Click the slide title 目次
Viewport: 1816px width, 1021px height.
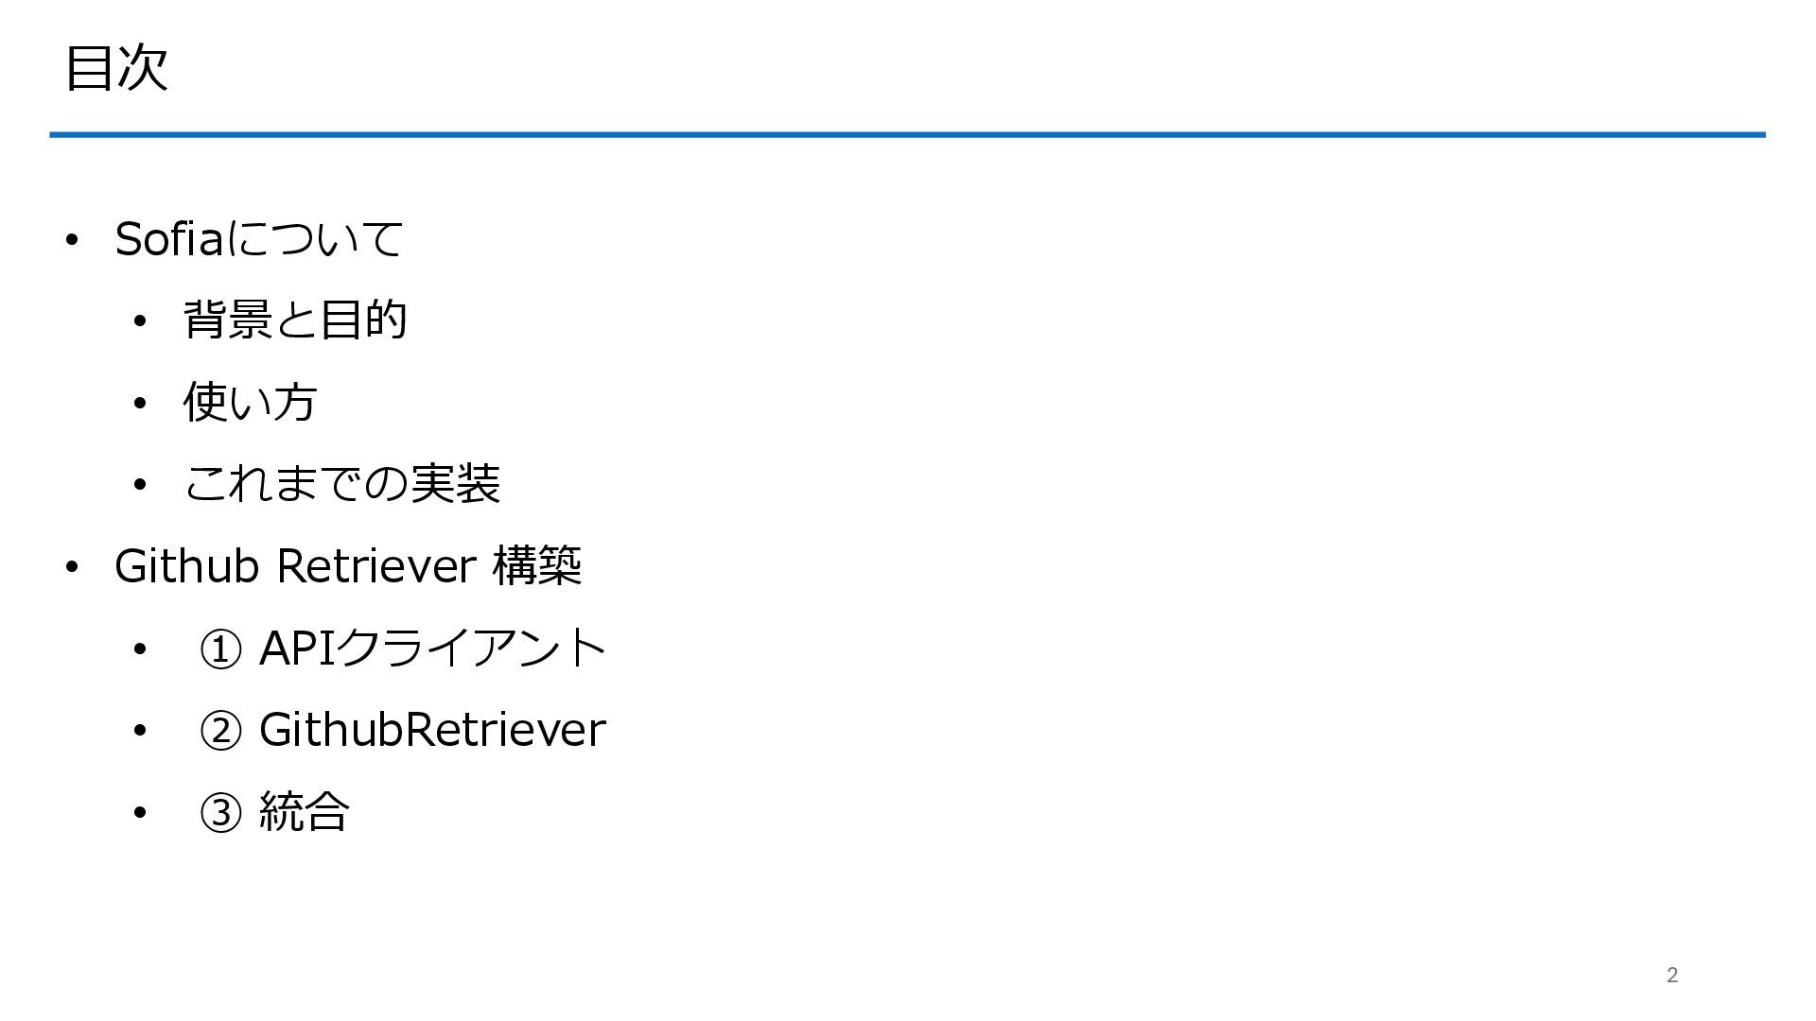coord(116,68)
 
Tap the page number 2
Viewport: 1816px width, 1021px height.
coord(1672,975)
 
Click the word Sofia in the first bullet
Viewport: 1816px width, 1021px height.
coord(168,238)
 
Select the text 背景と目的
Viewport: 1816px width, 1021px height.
coord(295,320)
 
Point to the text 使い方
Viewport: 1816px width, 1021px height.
coord(250,402)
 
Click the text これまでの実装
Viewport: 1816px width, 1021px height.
coord(341,484)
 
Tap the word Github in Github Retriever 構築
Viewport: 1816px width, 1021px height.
coord(186,565)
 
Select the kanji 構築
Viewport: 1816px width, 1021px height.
coord(537,565)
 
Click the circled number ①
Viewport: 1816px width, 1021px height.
coord(220,649)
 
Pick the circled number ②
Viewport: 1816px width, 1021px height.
coord(220,731)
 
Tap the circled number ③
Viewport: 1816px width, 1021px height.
coord(220,812)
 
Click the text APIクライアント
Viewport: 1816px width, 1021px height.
coord(432,648)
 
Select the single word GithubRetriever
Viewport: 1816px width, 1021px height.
coord(432,730)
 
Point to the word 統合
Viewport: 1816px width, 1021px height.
coord(304,811)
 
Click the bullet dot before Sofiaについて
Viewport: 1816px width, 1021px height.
coord(72,240)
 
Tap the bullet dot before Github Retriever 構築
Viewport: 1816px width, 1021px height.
coord(72,567)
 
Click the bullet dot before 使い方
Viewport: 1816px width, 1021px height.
coord(140,404)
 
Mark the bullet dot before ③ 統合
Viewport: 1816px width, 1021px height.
coord(140,812)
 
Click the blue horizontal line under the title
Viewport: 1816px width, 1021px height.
coord(907,135)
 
